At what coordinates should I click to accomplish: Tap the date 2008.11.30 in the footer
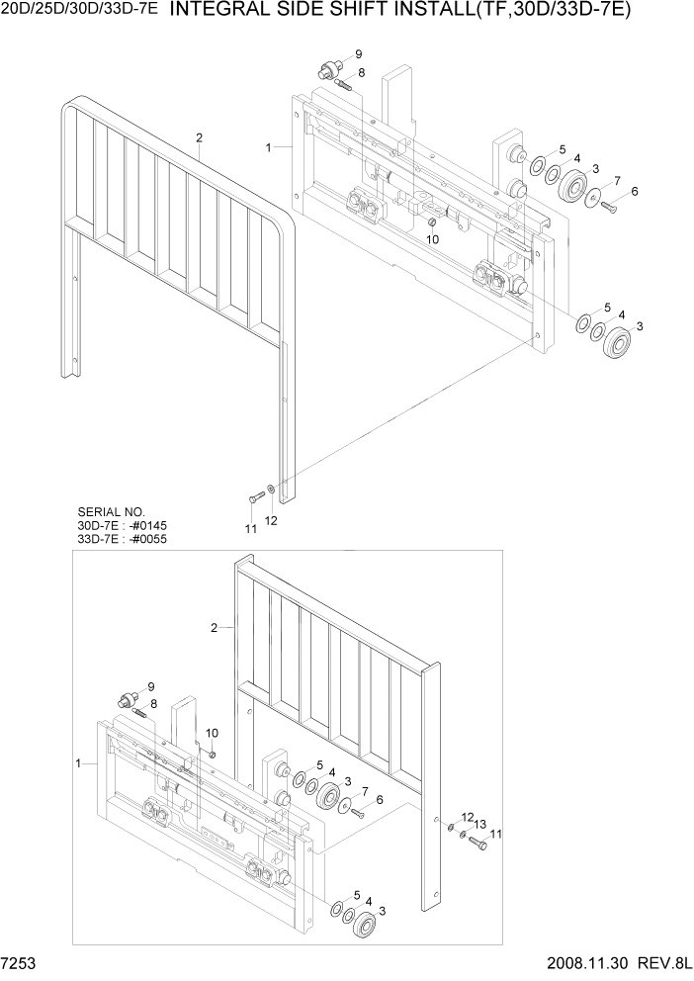[578, 962]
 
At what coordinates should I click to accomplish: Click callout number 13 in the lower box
[479, 824]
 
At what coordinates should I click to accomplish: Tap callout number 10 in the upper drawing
[433, 239]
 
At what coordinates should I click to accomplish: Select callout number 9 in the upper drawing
[357, 53]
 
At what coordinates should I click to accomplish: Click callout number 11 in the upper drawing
[251, 529]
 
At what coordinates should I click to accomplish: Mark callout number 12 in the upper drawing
[270, 520]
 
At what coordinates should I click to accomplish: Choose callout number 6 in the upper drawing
[634, 191]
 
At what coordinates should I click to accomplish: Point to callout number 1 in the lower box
[78, 763]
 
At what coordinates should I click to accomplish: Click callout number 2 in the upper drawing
[199, 137]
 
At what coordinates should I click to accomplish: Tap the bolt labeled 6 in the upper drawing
[608, 206]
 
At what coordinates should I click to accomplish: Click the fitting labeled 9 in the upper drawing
[326, 70]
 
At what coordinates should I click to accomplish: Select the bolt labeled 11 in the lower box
[478, 844]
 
